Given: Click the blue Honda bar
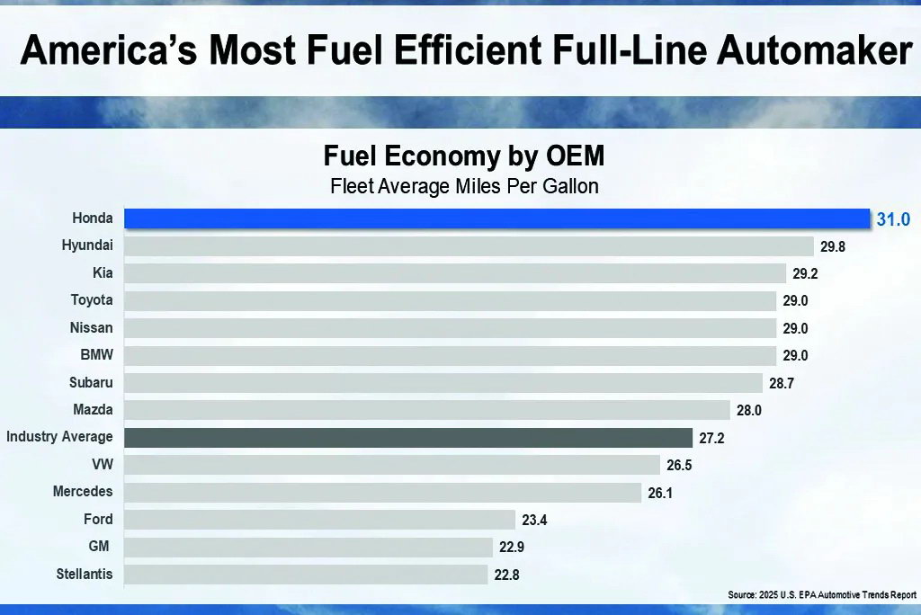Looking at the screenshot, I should (x=496, y=218).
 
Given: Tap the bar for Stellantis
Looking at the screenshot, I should (x=307, y=574).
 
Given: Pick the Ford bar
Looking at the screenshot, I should (x=319, y=520).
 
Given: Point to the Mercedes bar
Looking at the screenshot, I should (x=382, y=493).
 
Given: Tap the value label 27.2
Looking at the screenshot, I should (x=710, y=438).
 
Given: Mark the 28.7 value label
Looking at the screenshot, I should (x=781, y=383).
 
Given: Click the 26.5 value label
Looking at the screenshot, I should (x=679, y=465).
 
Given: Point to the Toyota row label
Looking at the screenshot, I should (x=92, y=300).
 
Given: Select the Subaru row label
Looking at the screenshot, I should (x=91, y=383).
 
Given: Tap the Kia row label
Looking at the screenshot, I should (x=103, y=272).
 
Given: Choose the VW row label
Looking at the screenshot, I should (x=103, y=465).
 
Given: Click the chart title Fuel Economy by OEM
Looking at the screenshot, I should (x=463, y=157).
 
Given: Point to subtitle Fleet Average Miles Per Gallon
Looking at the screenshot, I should (x=463, y=187).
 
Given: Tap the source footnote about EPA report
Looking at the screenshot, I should (x=822, y=595).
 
